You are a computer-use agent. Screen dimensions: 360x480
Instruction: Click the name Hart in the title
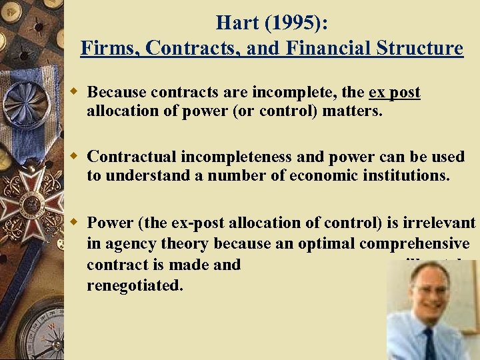pyautogui.click(x=238, y=23)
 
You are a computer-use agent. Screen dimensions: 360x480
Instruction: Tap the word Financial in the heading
pyautogui.click(x=317, y=49)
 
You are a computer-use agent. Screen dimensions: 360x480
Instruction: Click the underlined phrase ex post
pyautogui.click(x=395, y=93)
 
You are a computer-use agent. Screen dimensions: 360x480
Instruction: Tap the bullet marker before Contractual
pyautogui.click(x=76, y=157)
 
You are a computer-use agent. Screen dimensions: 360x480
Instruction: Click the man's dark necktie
pyautogui.click(x=429, y=344)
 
